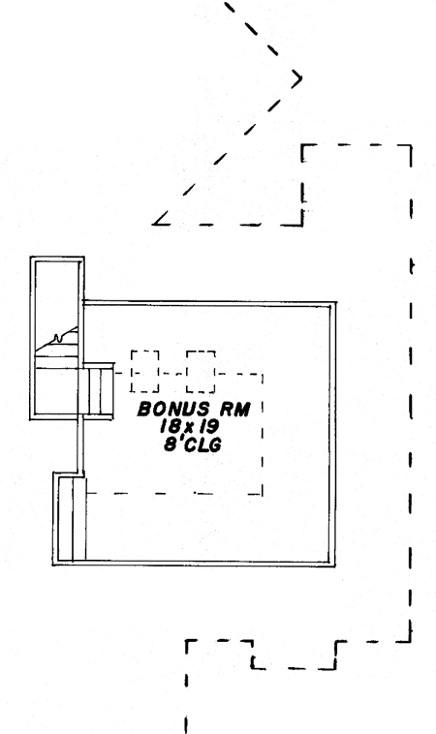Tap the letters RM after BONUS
coord(235,410)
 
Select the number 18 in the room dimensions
coord(169,426)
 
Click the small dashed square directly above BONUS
coord(144,371)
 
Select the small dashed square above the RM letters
coord(201,371)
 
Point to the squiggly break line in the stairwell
coord(57,338)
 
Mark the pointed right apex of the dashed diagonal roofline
coord(301,78)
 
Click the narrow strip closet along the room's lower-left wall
coord(72,519)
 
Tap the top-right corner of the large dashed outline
coord(411,145)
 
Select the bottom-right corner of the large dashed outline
coord(411,641)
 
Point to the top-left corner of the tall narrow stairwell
coord(31,258)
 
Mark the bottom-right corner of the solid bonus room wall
coord(335,566)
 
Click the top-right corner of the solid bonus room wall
coord(336,302)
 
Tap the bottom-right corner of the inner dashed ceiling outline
coord(262,494)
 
